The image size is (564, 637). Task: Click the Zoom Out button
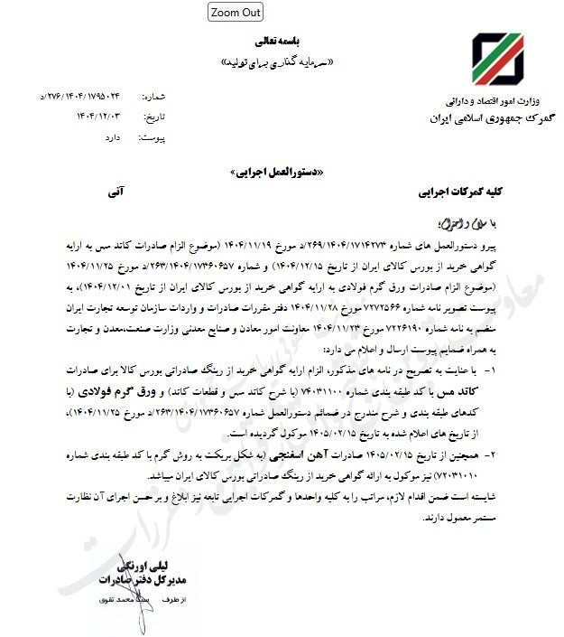(236, 12)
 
